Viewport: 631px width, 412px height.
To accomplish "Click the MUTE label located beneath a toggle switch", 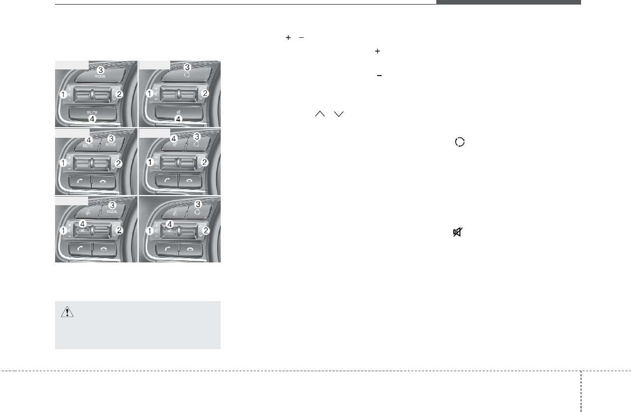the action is click(92, 111).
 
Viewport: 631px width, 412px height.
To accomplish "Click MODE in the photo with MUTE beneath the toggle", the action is click(100, 76).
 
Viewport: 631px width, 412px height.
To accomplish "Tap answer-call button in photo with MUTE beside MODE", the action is click(80, 181).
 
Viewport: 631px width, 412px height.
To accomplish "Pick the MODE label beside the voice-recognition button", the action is click(112, 211).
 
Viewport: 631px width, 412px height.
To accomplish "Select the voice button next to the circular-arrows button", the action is click(174, 211).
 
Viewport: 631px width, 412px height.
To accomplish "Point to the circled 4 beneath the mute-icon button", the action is click(178, 119).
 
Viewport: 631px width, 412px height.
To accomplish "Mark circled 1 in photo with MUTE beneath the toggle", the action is click(63, 94).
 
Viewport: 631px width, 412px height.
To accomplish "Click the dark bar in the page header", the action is click(508, 2).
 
